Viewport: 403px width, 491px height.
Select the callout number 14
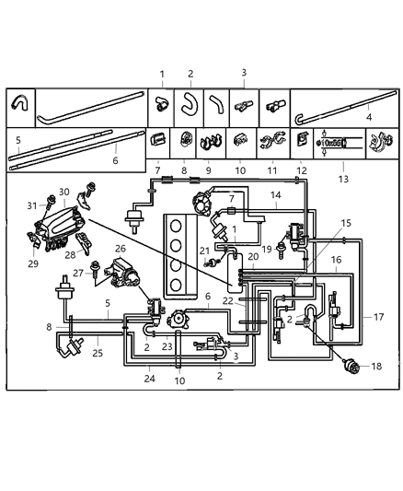(276, 195)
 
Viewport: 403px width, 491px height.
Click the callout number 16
(337, 261)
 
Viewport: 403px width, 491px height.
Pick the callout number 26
(120, 248)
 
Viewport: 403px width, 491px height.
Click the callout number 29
(32, 263)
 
